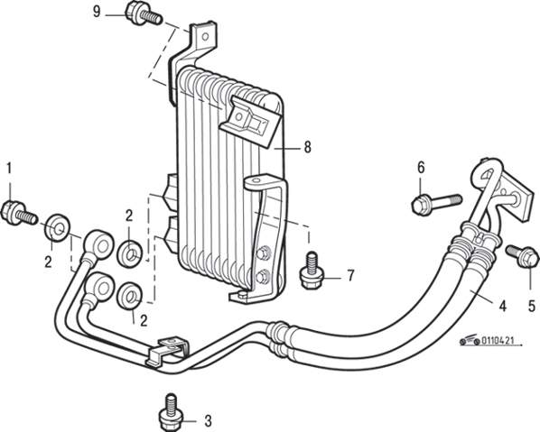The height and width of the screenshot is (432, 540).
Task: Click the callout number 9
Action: pos(97,12)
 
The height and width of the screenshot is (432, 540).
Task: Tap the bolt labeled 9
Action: pos(143,14)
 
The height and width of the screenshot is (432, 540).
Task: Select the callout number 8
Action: pos(308,147)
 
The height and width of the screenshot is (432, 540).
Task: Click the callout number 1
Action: pos(9,169)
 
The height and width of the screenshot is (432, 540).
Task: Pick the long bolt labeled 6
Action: pos(436,203)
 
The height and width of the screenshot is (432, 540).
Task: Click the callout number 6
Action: pos(421,168)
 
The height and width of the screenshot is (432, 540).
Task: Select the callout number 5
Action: pos(532,306)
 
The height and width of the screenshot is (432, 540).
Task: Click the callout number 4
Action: pos(503,306)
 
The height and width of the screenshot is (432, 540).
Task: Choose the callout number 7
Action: pos(350,275)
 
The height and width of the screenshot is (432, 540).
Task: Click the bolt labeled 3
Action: pos(171,411)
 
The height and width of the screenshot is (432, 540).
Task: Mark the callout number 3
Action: pos(208,420)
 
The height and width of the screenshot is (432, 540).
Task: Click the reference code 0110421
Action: pos(498,341)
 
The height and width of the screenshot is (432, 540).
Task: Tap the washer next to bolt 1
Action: pos(57,228)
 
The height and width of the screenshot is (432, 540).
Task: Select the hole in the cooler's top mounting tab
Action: pos(205,36)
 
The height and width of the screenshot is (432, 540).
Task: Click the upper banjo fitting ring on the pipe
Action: pos(100,245)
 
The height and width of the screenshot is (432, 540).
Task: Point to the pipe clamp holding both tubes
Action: pos(167,351)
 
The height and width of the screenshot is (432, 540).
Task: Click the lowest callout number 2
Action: pos(144,320)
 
